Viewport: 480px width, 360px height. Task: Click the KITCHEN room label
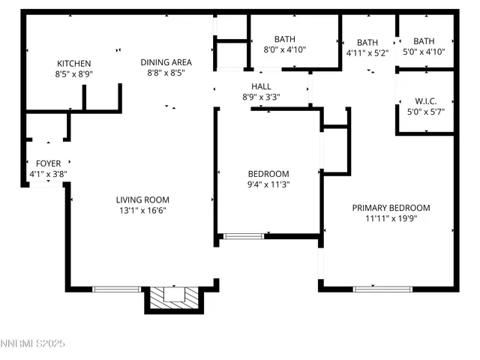point(74,64)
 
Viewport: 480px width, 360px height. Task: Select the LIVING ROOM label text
point(142,199)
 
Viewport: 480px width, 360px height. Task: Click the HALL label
point(261,86)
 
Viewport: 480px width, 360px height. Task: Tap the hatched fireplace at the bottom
point(174,298)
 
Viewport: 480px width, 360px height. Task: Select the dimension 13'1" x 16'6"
point(142,211)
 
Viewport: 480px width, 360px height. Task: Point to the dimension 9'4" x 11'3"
point(268,184)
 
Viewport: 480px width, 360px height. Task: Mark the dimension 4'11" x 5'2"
point(367,53)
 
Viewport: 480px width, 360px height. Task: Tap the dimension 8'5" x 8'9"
point(74,74)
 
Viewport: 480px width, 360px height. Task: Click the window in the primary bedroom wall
point(382,289)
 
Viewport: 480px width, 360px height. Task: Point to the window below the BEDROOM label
point(244,237)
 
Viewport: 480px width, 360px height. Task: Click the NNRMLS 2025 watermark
point(34,343)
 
